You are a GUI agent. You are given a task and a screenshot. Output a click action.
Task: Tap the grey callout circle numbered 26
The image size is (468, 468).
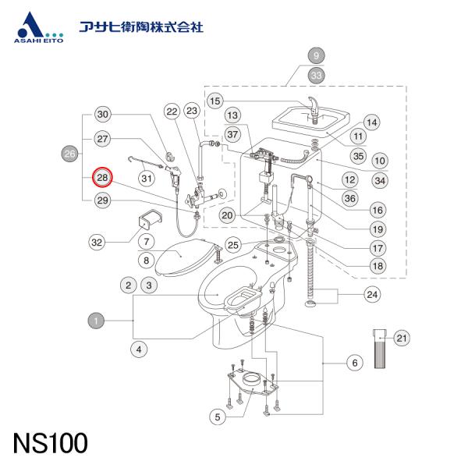point(69,154)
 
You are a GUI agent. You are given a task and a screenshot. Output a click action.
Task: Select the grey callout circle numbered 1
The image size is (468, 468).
point(95,320)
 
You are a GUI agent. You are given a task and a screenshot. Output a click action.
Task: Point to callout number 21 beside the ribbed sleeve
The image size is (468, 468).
point(402,338)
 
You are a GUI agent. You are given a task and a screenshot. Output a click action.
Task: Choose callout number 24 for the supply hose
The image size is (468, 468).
point(372,294)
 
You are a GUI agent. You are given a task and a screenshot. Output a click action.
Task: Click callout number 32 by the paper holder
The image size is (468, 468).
point(97,243)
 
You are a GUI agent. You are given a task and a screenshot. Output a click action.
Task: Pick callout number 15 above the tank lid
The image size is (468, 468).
point(215,100)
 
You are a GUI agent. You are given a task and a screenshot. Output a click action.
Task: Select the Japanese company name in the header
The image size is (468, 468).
point(141,27)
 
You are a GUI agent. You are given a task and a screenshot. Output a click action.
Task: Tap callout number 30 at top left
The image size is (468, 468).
point(104,114)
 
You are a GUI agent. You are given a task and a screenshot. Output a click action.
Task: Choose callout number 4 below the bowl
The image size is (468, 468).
point(138,349)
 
